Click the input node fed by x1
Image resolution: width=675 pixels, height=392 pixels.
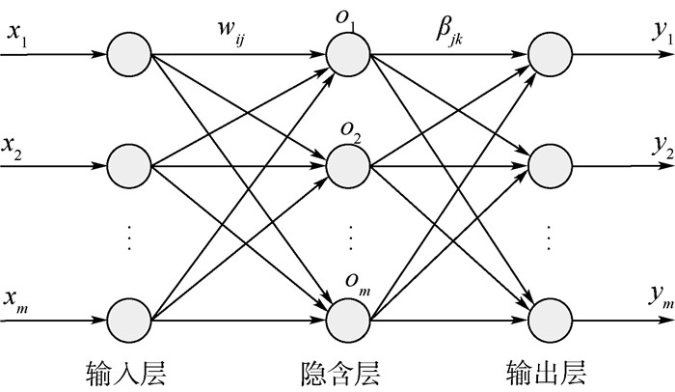pyautogui.click(x=129, y=55)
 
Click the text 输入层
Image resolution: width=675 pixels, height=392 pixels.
pyautogui.click(x=128, y=372)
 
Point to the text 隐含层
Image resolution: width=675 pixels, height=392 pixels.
pyautogui.click(x=338, y=372)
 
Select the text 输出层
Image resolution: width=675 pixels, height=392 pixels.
pyautogui.click(x=545, y=372)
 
